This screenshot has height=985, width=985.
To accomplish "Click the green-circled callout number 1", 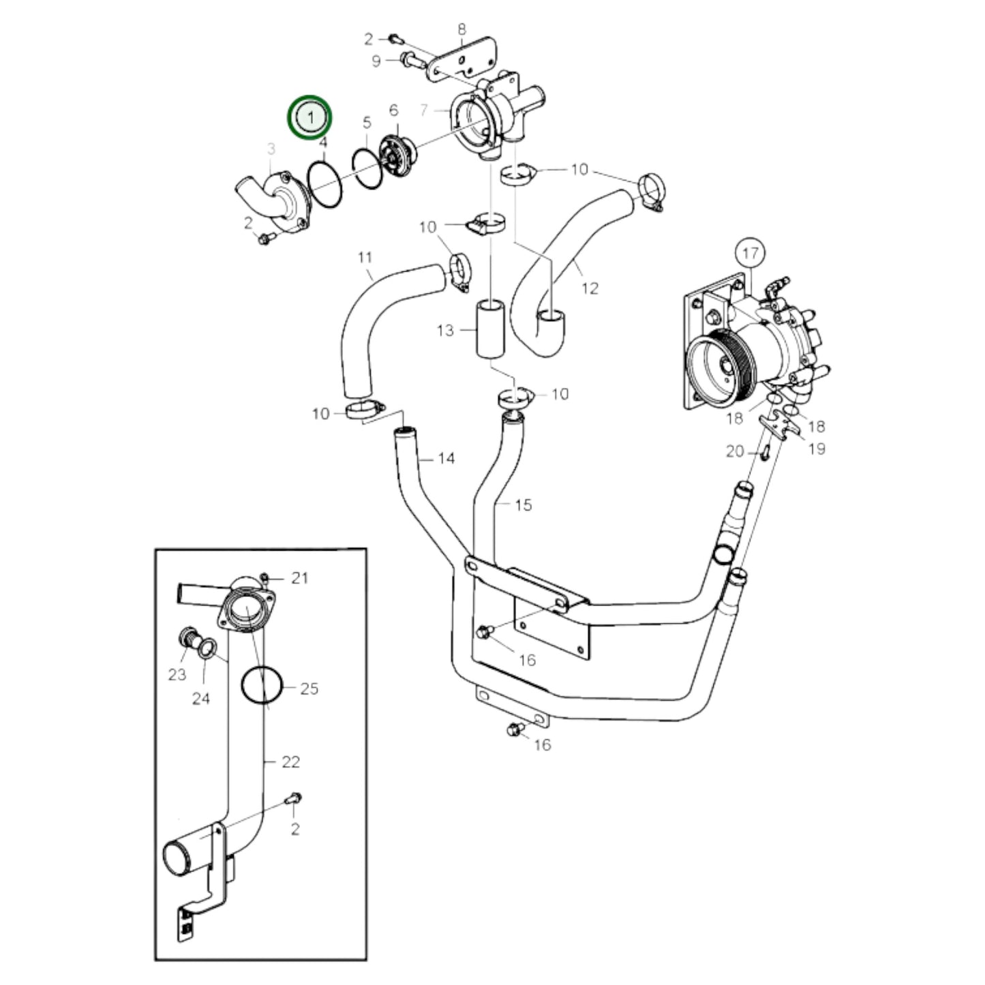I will (x=310, y=117).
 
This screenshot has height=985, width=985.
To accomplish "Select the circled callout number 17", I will (x=750, y=254).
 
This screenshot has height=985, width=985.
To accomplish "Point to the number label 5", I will (x=367, y=123).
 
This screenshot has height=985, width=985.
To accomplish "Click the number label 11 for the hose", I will (x=365, y=258).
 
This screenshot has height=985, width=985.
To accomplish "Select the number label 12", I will (x=590, y=288).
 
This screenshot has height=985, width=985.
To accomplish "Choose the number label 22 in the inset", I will (x=291, y=761).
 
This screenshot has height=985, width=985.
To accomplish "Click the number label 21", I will (x=300, y=578).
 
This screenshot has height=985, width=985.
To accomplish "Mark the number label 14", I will (x=446, y=458).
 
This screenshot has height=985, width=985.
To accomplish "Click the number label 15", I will (x=523, y=505).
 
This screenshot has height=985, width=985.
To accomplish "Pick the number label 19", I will (x=817, y=449).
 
